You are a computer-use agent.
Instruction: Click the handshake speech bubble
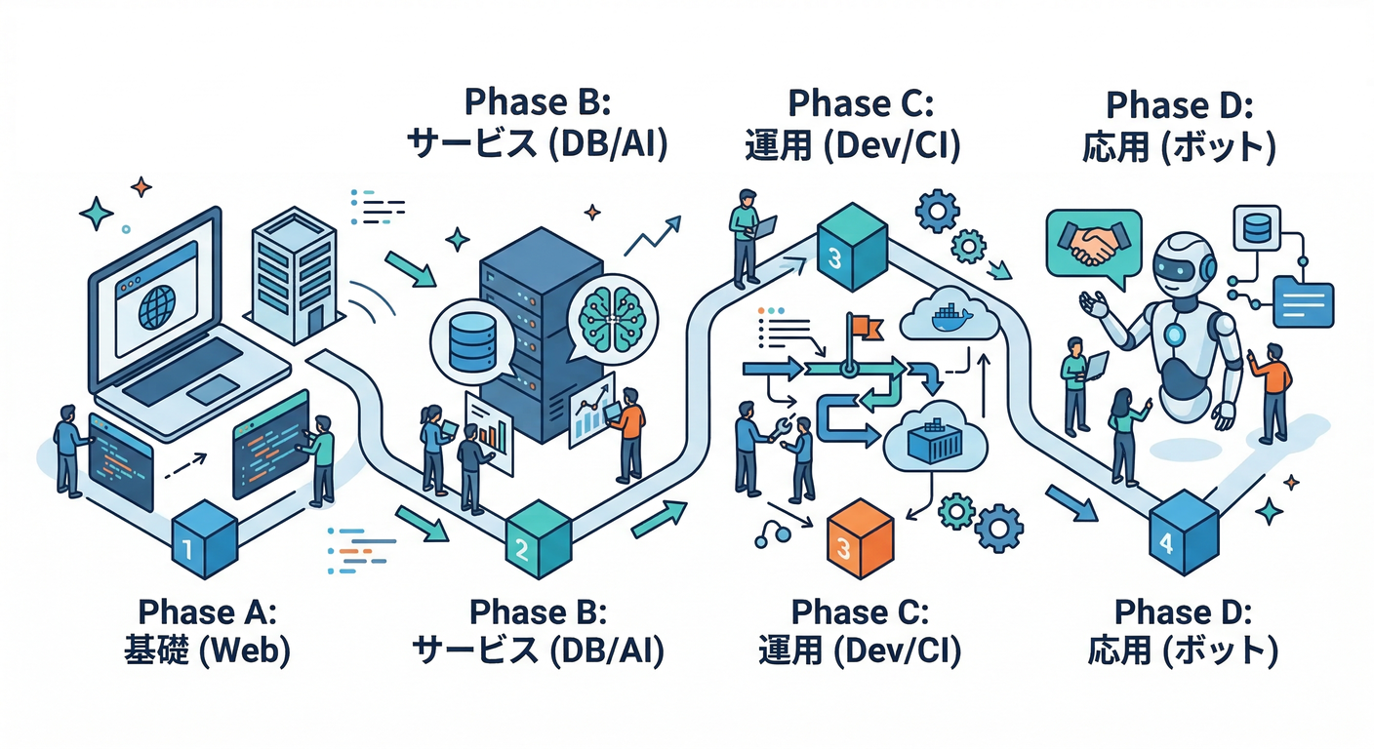coord(1091,244)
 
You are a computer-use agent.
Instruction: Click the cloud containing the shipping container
coord(927,440)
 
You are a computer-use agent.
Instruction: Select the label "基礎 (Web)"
coord(208,652)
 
